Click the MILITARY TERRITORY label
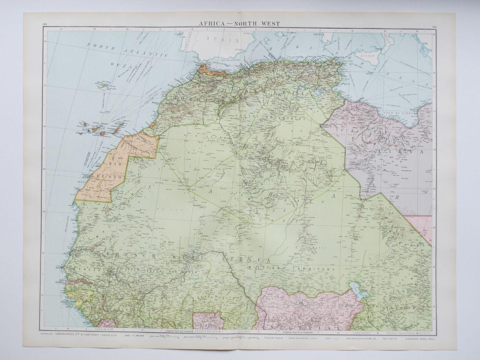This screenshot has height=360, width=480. tap(290, 269)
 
